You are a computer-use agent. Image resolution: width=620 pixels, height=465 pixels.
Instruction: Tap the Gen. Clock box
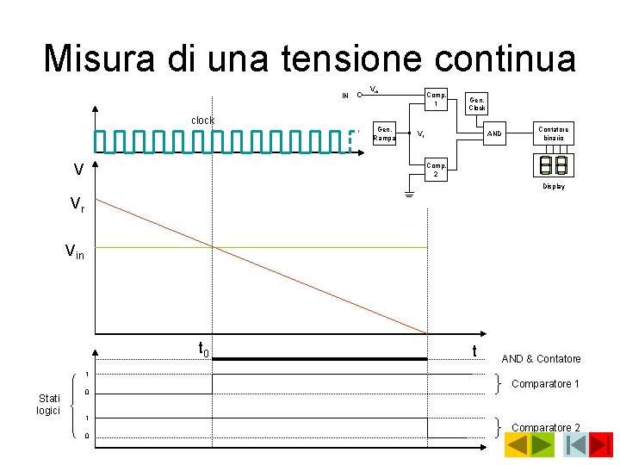(477, 104)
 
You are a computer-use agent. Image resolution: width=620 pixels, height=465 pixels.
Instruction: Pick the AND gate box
(494, 133)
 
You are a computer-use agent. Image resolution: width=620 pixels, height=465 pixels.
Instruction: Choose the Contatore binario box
(554, 133)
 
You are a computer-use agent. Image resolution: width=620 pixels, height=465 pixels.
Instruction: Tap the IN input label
(345, 96)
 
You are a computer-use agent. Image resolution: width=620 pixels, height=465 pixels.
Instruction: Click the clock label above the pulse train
(202, 121)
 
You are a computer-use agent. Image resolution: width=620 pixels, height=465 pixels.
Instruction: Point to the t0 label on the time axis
(204, 349)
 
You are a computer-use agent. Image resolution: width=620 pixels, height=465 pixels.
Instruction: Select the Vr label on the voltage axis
(77, 204)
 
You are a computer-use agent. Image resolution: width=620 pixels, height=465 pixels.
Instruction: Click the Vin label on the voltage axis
(75, 251)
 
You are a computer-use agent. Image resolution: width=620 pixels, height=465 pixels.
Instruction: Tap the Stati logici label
(48, 404)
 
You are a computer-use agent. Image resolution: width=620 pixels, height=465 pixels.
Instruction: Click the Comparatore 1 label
(545, 384)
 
